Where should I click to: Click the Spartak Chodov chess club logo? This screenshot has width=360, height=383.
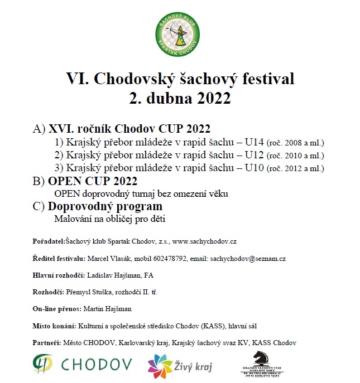180,32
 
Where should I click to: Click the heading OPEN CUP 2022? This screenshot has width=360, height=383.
93,181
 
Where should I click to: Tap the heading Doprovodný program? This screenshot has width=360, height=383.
105,206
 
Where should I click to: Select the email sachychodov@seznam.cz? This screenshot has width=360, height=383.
248,259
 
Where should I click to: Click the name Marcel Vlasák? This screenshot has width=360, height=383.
106,259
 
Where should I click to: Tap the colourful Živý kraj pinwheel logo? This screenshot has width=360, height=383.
160,366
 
